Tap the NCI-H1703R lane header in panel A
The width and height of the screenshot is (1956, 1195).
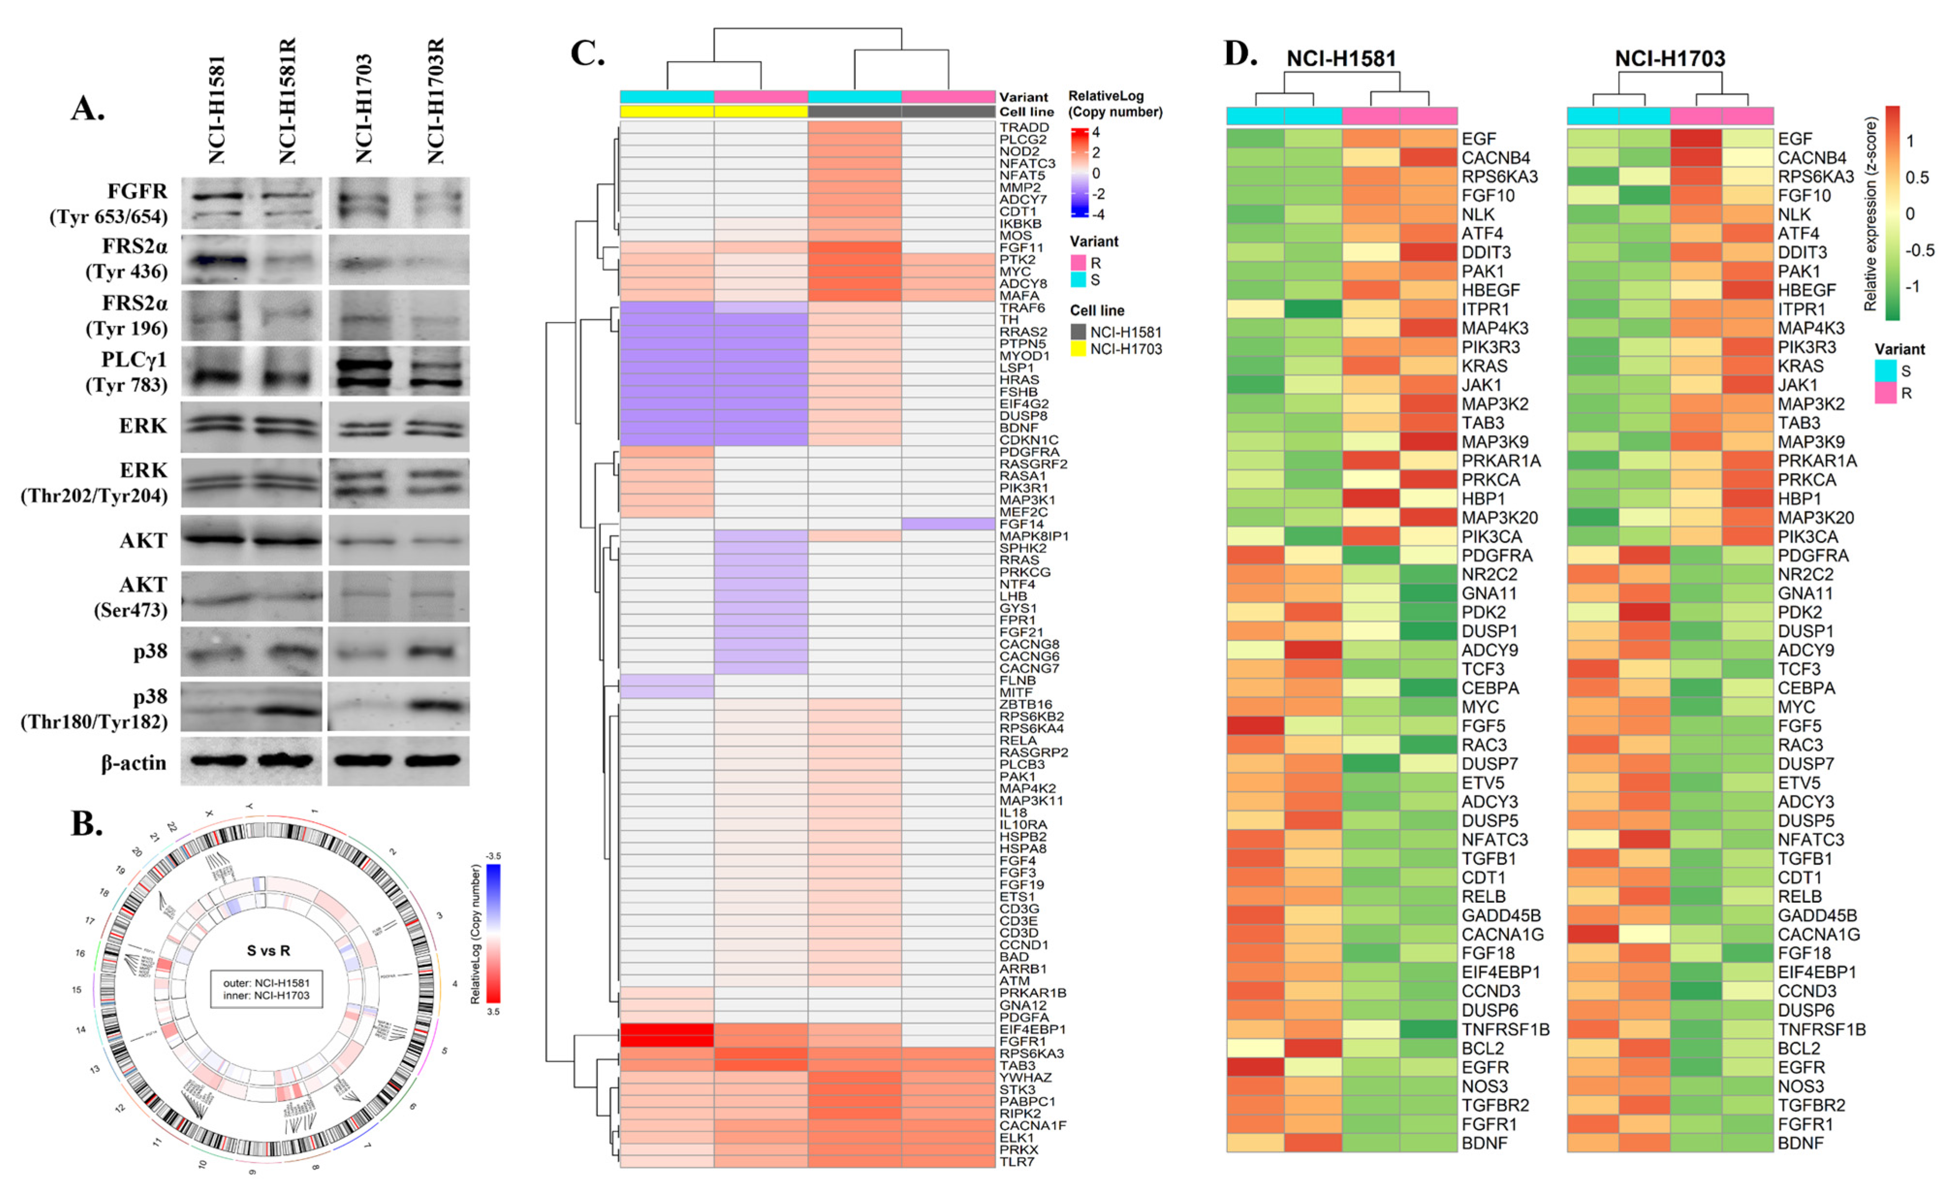click(x=436, y=102)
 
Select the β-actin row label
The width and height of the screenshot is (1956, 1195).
click(x=133, y=763)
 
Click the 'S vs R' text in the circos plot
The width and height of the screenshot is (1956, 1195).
click(x=268, y=950)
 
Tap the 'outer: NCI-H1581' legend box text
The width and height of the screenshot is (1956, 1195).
click(x=266, y=982)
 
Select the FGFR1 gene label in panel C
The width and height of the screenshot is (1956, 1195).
click(x=1021, y=1041)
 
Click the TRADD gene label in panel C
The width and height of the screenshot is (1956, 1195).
click(x=1024, y=127)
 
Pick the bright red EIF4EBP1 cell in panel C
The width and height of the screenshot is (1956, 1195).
click(x=667, y=1029)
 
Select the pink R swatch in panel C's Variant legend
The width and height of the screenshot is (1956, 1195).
click(x=1078, y=263)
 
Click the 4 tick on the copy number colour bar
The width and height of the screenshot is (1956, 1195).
click(x=1096, y=133)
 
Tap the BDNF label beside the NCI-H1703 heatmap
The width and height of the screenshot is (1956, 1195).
click(x=1800, y=1143)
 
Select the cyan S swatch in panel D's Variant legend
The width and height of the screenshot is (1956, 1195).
click(x=1885, y=371)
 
